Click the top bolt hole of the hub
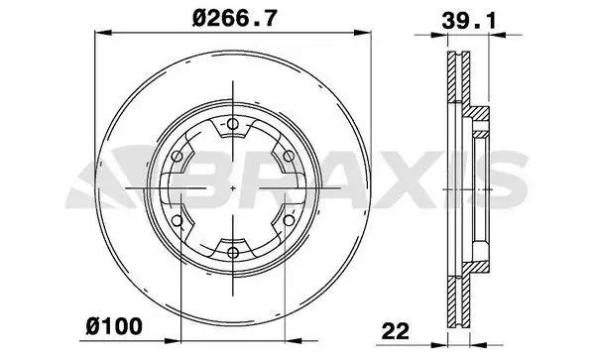pos(231,124)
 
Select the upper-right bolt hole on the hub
pos(287,156)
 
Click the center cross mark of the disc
pos(231,188)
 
